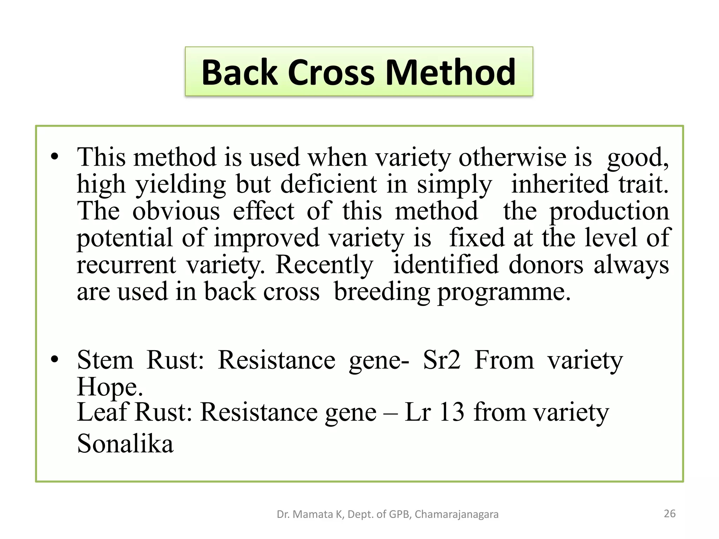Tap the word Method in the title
pos(450,72)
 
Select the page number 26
pos(669,514)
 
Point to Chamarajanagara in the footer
pos(456,514)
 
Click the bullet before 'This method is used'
pos(54,157)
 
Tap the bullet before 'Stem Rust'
pos(54,360)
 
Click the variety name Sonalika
pos(125,444)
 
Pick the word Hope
pos(110,387)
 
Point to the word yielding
pos(181,185)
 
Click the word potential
pos(125,238)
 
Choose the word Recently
pos(324,265)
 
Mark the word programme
pos(503,292)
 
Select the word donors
pos(546,265)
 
